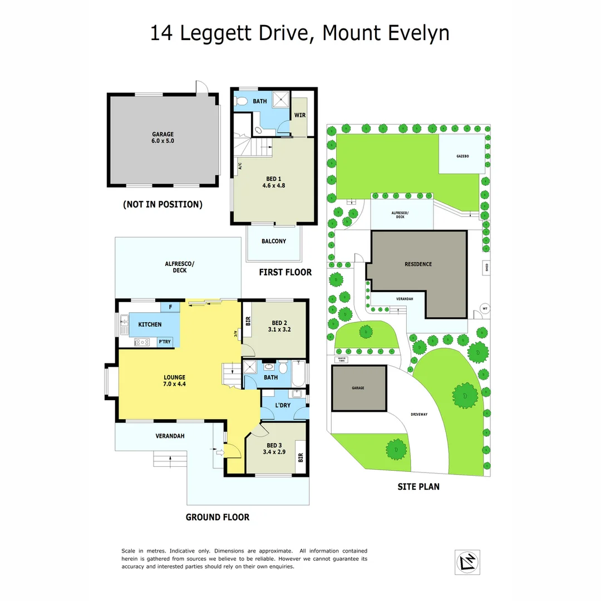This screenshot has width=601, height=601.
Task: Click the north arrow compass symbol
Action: coord(467,562)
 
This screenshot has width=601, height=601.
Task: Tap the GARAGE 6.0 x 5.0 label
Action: coord(163,138)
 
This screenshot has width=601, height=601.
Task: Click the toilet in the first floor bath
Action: coord(240,102)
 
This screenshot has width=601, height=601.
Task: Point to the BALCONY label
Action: coord(274,242)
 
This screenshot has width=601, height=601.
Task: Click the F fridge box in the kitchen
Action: coord(170,307)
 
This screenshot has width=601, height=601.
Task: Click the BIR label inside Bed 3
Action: coord(300,457)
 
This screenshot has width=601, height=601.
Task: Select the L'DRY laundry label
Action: coord(283,405)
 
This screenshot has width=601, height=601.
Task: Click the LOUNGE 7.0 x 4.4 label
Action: coord(175,381)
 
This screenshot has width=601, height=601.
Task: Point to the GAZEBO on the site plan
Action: coord(462,156)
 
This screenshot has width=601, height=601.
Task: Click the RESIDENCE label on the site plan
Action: coord(418,264)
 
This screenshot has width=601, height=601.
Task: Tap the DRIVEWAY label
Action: coord(419,415)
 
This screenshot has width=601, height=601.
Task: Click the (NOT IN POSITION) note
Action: coord(162,205)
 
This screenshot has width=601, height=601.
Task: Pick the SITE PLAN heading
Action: coord(418,487)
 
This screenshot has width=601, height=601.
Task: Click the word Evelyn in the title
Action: coord(414,33)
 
